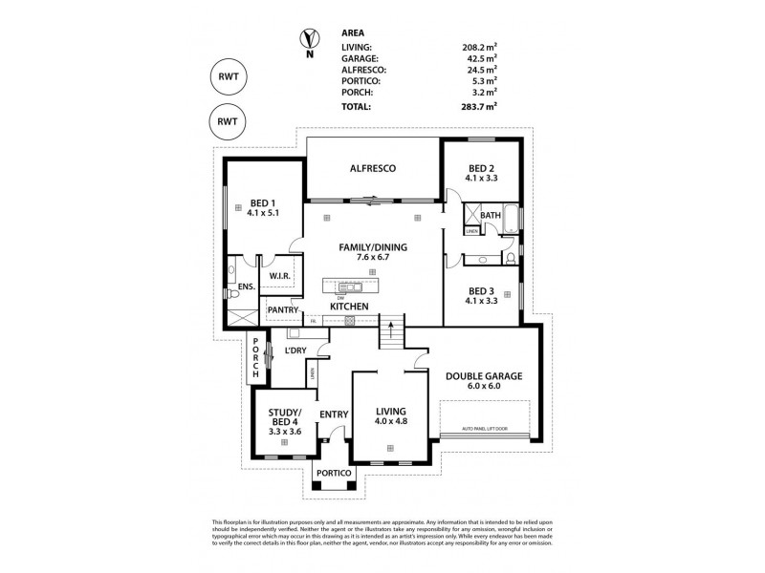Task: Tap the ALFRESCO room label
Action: coord(373,168)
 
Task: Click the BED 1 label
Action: coord(262,202)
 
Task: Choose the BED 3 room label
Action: coord(482,291)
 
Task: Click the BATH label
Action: coord(490,216)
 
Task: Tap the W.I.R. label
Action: coord(280,277)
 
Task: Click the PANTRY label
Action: coord(284,309)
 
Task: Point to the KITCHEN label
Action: coord(350,306)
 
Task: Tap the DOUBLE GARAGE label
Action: coord(484,376)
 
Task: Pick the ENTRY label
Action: coord(334,414)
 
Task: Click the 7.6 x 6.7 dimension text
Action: coord(373,258)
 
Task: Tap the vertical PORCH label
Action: coord(255,358)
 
